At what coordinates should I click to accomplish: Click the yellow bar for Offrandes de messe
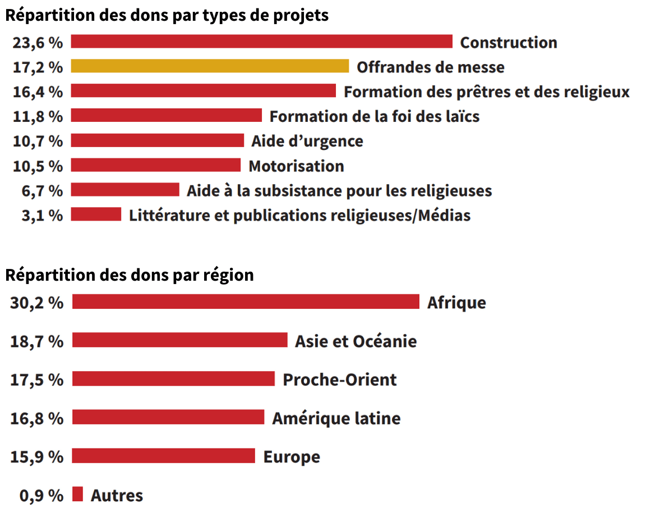[x=210, y=66]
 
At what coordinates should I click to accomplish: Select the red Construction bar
[x=261, y=42]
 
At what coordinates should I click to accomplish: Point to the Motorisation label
[x=296, y=166]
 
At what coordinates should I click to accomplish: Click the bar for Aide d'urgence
[x=157, y=140]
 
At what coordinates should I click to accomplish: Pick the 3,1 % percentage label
[x=42, y=216]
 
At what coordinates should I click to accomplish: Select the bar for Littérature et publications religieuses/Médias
[x=96, y=214]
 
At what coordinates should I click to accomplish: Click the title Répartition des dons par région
[x=130, y=275]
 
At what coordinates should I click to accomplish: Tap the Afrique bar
[x=246, y=301]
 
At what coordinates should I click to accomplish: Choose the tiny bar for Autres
[x=77, y=494]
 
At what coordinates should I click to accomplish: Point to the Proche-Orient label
[x=339, y=380]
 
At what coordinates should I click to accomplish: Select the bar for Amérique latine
[x=168, y=417]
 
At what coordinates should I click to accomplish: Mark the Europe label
[x=292, y=456]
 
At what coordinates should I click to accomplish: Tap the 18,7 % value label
[x=37, y=341]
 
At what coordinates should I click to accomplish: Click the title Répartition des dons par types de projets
[x=167, y=15]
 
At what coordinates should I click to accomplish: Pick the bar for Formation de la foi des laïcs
[x=166, y=116]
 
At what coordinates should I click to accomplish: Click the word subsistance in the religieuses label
[x=292, y=191]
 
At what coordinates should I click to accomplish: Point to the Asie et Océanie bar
[x=179, y=340]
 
